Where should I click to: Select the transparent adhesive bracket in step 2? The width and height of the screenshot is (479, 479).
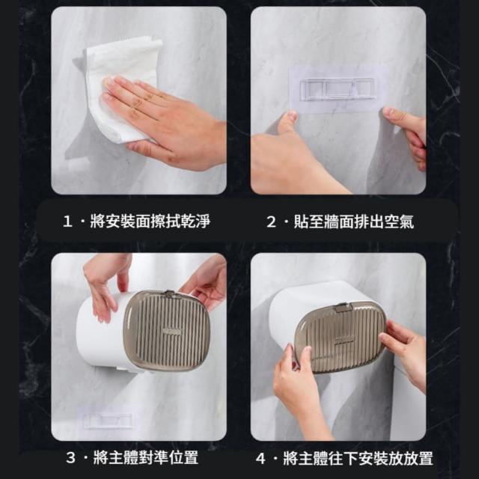(338, 88)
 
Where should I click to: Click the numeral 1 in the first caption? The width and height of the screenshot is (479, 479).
(67, 222)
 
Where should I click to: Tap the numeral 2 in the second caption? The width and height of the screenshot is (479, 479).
(271, 222)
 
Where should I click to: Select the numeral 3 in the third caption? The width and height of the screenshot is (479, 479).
(70, 457)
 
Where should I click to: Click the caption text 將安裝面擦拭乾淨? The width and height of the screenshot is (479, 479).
(150, 222)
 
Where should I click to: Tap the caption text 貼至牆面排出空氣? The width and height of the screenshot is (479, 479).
(354, 222)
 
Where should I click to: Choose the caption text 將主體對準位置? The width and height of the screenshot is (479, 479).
(146, 457)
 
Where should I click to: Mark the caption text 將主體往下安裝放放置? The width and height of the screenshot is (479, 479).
(358, 458)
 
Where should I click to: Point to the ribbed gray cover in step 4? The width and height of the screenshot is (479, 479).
(341, 338)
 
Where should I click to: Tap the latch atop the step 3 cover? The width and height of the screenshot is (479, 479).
(171, 294)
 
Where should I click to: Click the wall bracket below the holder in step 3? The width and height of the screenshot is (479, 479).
(109, 421)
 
